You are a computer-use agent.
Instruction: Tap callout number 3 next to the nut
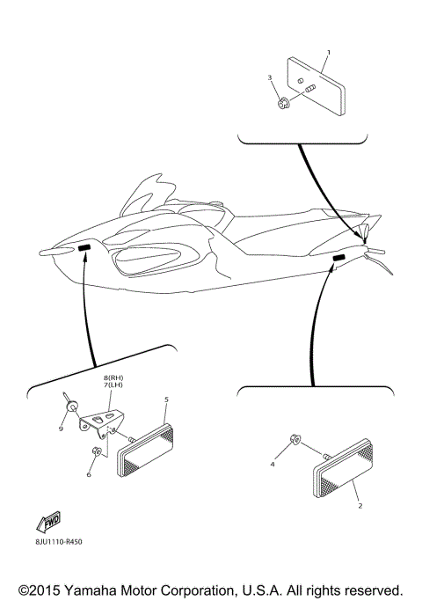[x=270, y=78]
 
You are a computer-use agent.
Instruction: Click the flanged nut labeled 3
[x=281, y=104]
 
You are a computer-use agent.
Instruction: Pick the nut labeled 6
[x=98, y=452]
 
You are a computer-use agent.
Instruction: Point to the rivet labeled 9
[x=72, y=406]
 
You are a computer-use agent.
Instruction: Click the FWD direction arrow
[x=51, y=523]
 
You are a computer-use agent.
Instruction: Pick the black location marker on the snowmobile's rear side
[x=338, y=257]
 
